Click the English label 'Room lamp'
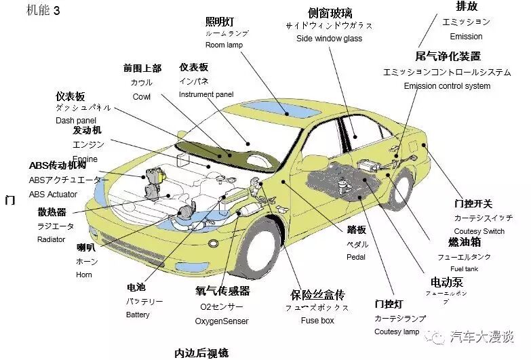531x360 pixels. point(224,45)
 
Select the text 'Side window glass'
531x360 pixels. point(329,39)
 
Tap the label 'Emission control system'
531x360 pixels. point(446,86)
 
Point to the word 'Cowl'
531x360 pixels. point(141,97)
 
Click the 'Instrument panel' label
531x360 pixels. point(205,94)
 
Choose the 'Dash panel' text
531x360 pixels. point(76,121)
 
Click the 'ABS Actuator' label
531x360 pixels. point(53,195)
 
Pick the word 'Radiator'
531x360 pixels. point(51,240)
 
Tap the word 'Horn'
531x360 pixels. point(84,275)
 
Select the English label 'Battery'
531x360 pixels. point(138,315)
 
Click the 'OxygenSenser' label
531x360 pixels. point(222,321)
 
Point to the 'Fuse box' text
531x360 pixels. point(317,321)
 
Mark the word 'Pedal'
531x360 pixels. point(356,258)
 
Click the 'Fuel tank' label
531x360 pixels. point(465,269)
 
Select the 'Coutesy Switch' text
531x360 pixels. point(479,232)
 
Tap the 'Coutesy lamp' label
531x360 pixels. point(397,332)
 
